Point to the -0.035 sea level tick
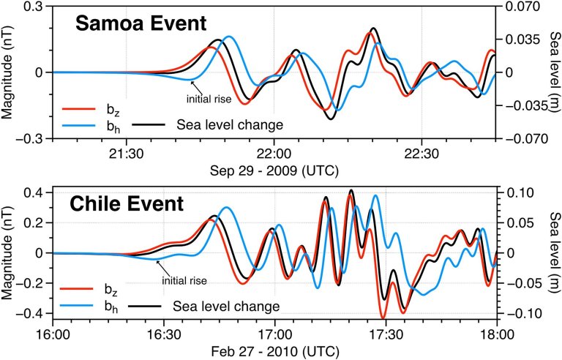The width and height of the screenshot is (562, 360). pyautogui.click(x=520, y=105)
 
